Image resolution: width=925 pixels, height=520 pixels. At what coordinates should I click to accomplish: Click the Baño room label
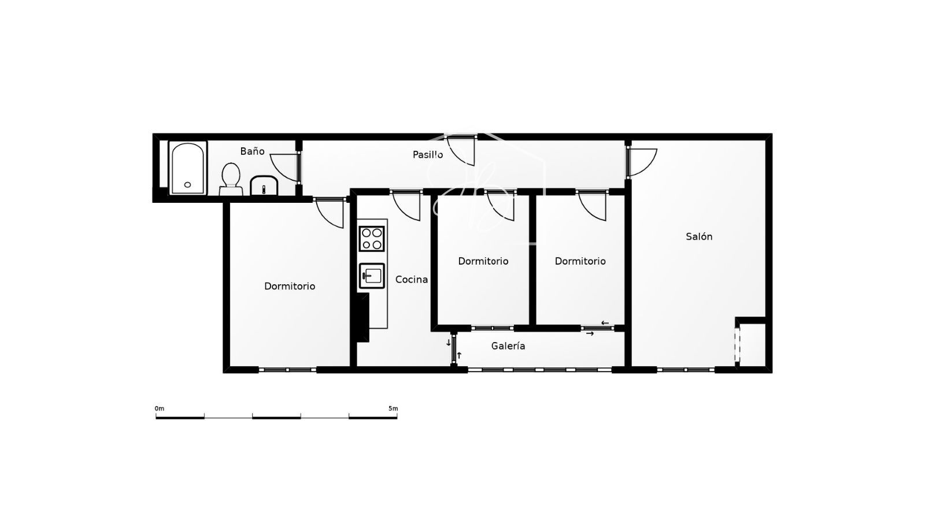(252, 151)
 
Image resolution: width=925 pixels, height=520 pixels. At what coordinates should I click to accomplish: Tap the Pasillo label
(428, 154)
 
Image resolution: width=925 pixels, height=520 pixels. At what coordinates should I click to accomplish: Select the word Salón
(699, 236)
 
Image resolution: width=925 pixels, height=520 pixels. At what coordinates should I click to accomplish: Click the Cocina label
(411, 280)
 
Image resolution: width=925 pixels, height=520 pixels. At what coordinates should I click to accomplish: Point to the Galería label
(508, 346)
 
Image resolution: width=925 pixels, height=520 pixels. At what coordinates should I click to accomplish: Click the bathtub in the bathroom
(187, 168)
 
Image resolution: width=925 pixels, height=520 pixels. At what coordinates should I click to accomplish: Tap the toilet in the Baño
(231, 179)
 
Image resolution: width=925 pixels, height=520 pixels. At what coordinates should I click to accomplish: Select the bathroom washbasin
(264, 185)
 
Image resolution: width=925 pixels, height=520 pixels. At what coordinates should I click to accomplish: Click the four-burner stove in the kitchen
(372, 239)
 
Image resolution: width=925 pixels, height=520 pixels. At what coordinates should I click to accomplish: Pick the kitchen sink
(372, 276)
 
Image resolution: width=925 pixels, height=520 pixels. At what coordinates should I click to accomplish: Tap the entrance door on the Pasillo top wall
(461, 150)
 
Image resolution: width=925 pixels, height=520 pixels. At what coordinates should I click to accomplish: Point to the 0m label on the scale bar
(160, 408)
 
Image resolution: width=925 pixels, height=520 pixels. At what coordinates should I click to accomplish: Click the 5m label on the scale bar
(393, 408)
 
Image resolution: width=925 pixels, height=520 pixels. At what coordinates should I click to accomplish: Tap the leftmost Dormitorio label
(290, 286)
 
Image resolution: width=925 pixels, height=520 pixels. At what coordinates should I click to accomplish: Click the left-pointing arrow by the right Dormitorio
(605, 323)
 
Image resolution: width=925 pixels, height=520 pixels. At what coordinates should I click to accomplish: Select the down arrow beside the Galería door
(449, 343)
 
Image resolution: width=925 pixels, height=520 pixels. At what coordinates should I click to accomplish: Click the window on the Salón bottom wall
(686, 370)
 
